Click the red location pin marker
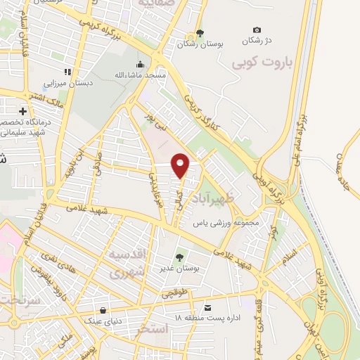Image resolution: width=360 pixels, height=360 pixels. click(x=181, y=165)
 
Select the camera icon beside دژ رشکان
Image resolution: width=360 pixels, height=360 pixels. click(x=257, y=30)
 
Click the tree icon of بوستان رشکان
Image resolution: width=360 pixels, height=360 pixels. click(x=200, y=33)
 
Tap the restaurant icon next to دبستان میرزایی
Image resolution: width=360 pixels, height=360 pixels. click(x=67, y=72)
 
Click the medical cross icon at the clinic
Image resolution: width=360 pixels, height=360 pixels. click(x=23, y=111)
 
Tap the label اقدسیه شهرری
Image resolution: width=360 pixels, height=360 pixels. click(x=127, y=261)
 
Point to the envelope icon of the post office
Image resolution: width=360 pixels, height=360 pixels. click(x=207, y=308)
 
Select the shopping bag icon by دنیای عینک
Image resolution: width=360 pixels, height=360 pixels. click(x=104, y=310)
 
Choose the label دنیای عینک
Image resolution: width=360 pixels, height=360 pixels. click(x=103, y=321)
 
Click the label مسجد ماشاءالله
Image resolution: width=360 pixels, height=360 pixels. click(x=141, y=75)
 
